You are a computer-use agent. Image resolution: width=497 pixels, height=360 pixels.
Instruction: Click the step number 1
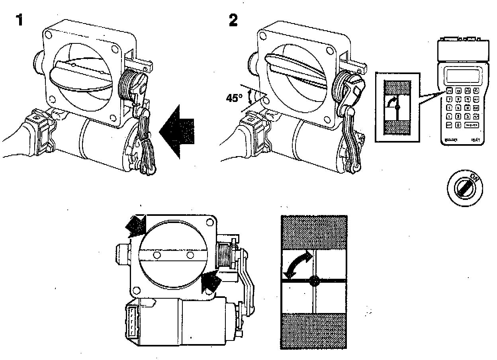coord(18,20)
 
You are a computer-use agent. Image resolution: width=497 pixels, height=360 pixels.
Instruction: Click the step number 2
coord(233,20)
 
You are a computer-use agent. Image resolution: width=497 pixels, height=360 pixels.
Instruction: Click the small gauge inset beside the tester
coord(397,108)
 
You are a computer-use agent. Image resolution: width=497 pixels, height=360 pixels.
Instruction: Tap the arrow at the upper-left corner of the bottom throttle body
coord(135,225)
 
